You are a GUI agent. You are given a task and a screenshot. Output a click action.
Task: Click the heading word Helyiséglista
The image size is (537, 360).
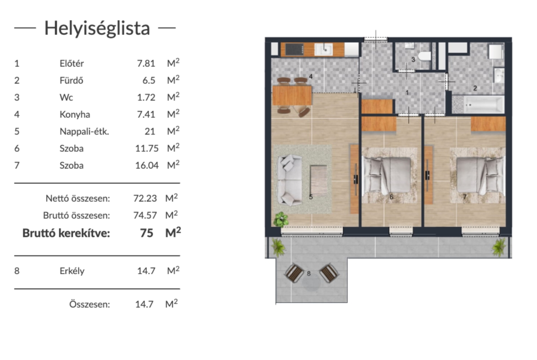pyautogui.click(x=97, y=28)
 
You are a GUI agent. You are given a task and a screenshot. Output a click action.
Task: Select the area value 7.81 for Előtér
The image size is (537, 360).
pyautogui.click(x=146, y=63)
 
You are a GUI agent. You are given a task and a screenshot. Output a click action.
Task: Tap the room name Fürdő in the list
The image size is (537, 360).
pyautogui.click(x=71, y=80)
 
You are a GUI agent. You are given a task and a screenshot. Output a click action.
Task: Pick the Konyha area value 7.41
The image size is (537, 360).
pyautogui.click(x=146, y=114)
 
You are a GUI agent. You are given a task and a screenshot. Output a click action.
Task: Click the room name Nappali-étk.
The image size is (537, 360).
pyautogui.click(x=84, y=132)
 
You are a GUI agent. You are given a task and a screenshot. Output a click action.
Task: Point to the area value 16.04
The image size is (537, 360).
pyautogui.click(x=147, y=165)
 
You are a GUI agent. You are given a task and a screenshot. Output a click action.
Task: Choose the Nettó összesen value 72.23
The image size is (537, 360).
pyautogui.click(x=145, y=198)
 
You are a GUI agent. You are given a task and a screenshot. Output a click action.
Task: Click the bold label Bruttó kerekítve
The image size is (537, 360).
pyautogui.click(x=66, y=233)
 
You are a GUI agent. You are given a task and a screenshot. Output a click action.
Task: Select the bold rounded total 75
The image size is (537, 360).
pyautogui.click(x=146, y=233)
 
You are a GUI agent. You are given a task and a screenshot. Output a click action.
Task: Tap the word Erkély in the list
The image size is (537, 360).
pyautogui.click(x=72, y=271)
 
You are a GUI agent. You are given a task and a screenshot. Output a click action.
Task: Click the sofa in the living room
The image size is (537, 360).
pyautogui.click(x=290, y=180)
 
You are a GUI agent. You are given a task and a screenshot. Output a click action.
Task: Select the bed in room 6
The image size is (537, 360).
pyautogui.click(x=386, y=175)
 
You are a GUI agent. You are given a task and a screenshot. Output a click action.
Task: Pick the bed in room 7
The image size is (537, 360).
pyautogui.click(x=481, y=175)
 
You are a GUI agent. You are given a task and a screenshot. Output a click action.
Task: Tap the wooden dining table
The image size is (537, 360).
pyautogui.click(x=292, y=95)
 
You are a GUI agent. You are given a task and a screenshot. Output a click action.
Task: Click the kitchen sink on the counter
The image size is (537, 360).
pyautogui.click(x=324, y=50)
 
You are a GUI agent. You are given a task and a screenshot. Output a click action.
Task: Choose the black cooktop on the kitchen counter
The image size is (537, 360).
pyautogui.click(x=295, y=50)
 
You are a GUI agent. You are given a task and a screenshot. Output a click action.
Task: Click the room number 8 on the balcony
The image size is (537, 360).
pyautogui.click(x=309, y=273)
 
